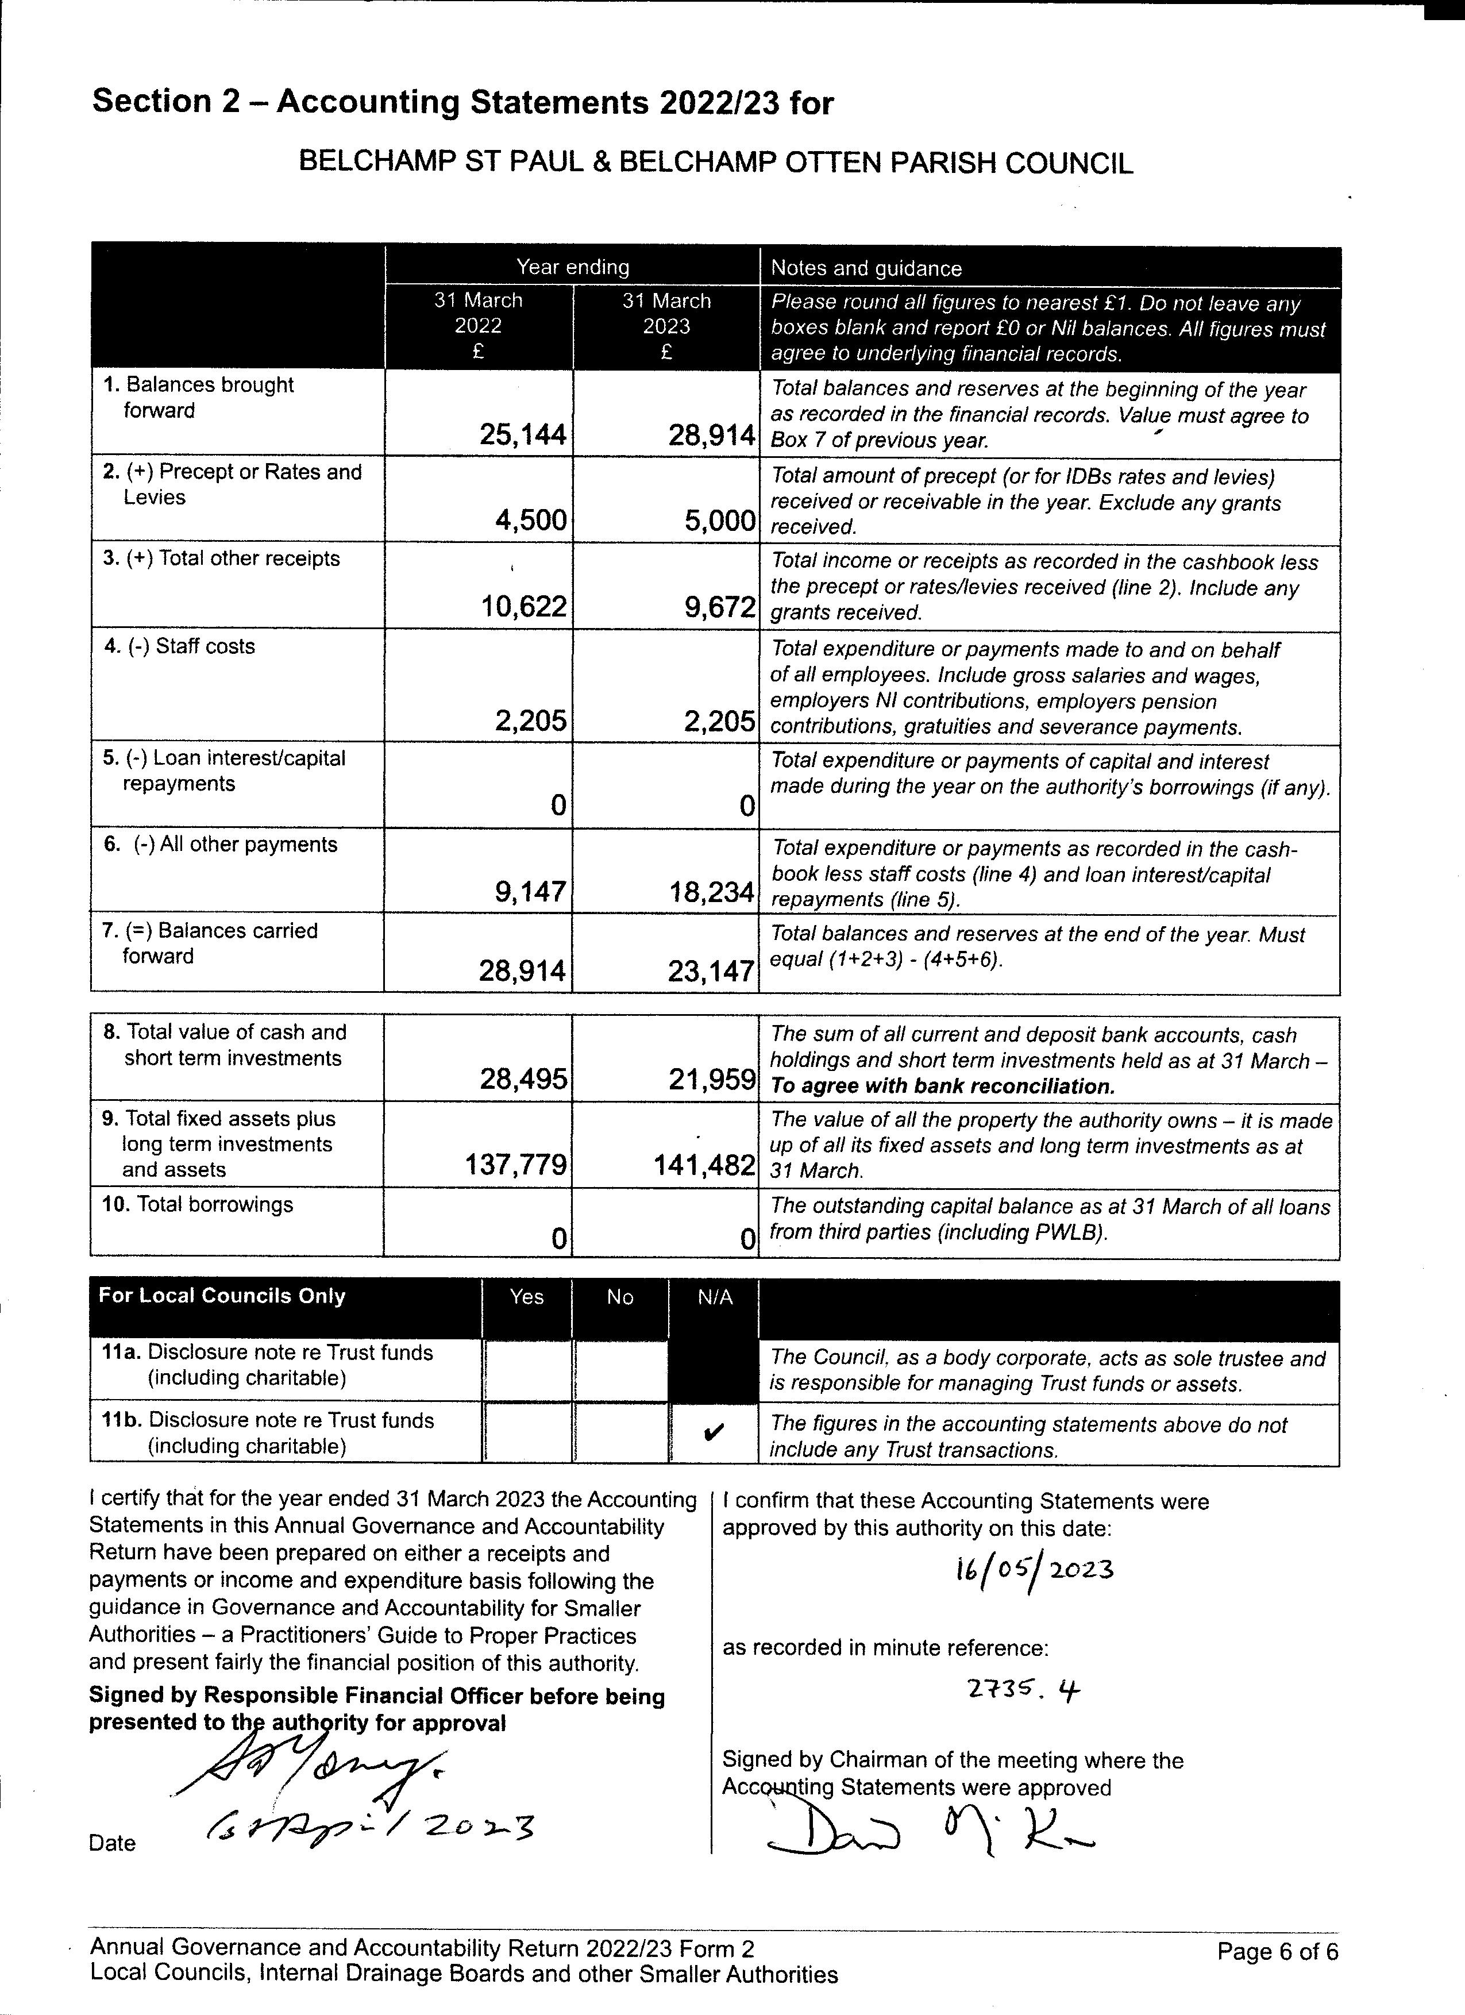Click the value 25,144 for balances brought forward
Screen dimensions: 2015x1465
click(x=522, y=434)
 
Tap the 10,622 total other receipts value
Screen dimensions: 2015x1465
click(x=522, y=607)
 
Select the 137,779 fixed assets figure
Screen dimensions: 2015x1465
click(x=516, y=1165)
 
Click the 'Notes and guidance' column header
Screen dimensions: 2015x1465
click(x=866, y=268)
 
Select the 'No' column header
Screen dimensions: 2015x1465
click(x=620, y=1297)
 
